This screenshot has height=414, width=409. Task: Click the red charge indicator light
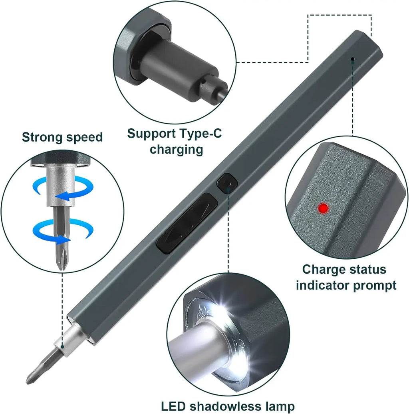[323, 208]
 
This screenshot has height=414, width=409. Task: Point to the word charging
[176, 150]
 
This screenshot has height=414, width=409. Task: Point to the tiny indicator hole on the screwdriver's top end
[353, 60]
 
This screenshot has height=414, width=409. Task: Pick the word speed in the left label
[85, 137]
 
